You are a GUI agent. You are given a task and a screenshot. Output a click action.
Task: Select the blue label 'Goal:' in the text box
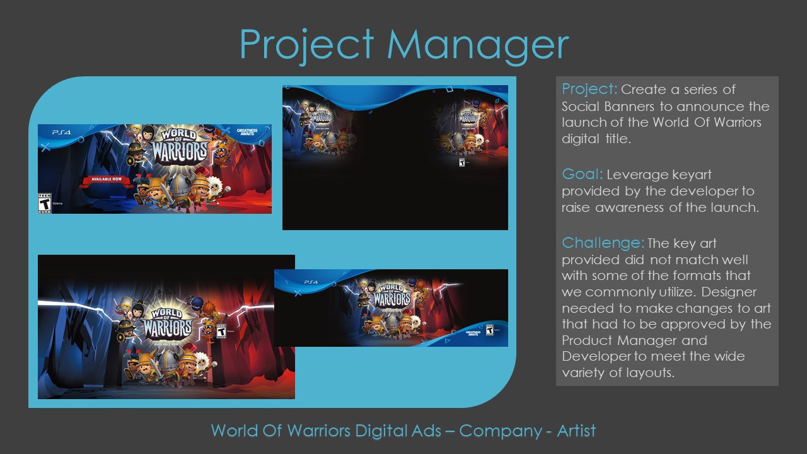pos(583,174)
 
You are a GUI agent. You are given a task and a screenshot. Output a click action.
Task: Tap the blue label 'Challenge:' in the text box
pos(603,243)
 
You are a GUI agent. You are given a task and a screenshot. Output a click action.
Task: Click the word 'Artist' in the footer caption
pos(576,431)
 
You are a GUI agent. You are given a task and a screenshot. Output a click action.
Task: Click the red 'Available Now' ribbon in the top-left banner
pos(106,180)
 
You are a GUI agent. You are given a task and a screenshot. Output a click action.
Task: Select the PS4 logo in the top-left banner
pos(61,133)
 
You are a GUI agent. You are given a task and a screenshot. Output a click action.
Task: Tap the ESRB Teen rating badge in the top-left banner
pos(44,203)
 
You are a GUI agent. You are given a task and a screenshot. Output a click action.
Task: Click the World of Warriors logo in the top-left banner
pos(179,146)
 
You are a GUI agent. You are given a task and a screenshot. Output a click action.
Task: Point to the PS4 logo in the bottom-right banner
pos(310,282)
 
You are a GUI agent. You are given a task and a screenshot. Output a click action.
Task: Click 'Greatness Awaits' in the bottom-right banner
pos(473,332)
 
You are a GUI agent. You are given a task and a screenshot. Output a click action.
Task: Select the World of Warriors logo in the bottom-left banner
pos(166,322)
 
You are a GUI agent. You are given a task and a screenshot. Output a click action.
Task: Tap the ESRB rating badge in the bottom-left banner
pos(221,332)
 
